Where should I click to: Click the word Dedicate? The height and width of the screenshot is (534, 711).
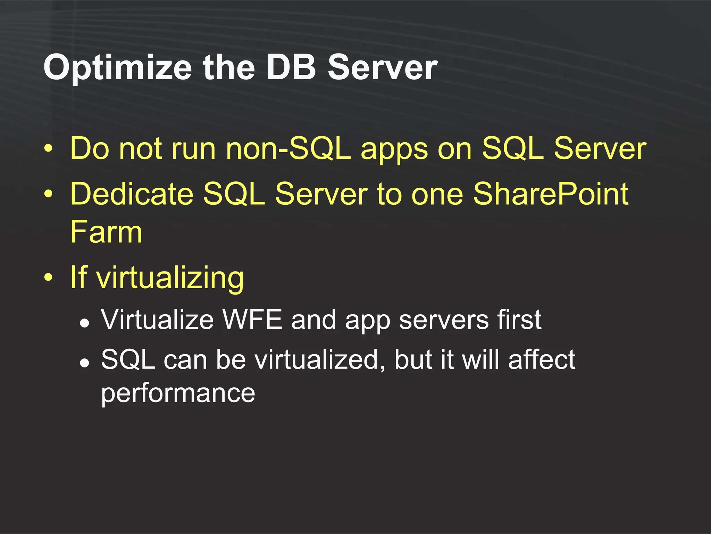pos(132,194)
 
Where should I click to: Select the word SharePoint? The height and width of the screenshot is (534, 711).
pos(551,194)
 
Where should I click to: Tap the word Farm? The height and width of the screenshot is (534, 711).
pos(106,232)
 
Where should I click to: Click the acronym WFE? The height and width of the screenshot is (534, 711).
pos(252,319)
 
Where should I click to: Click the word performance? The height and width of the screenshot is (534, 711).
pos(178,394)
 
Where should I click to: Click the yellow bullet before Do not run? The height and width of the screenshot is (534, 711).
pos(49,149)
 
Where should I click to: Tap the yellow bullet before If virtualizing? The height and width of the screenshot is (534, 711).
pos(49,277)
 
